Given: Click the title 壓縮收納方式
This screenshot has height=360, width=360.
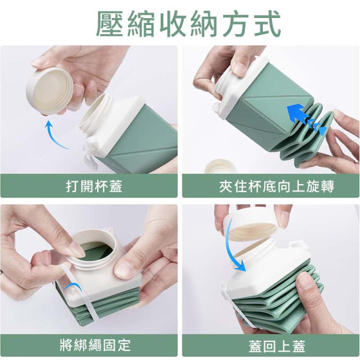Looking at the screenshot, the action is [x=188, y=24].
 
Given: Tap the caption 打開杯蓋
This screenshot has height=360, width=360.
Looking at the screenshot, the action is [x=94, y=186].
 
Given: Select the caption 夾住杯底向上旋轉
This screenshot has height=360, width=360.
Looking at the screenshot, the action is [x=277, y=186].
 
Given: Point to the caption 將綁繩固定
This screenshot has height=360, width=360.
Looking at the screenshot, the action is [x=95, y=345].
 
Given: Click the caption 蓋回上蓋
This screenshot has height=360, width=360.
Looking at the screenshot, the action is [x=277, y=346].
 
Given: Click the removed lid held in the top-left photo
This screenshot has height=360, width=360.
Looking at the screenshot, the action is [x=49, y=91].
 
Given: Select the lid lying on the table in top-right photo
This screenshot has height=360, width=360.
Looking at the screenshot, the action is [x=221, y=166].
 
